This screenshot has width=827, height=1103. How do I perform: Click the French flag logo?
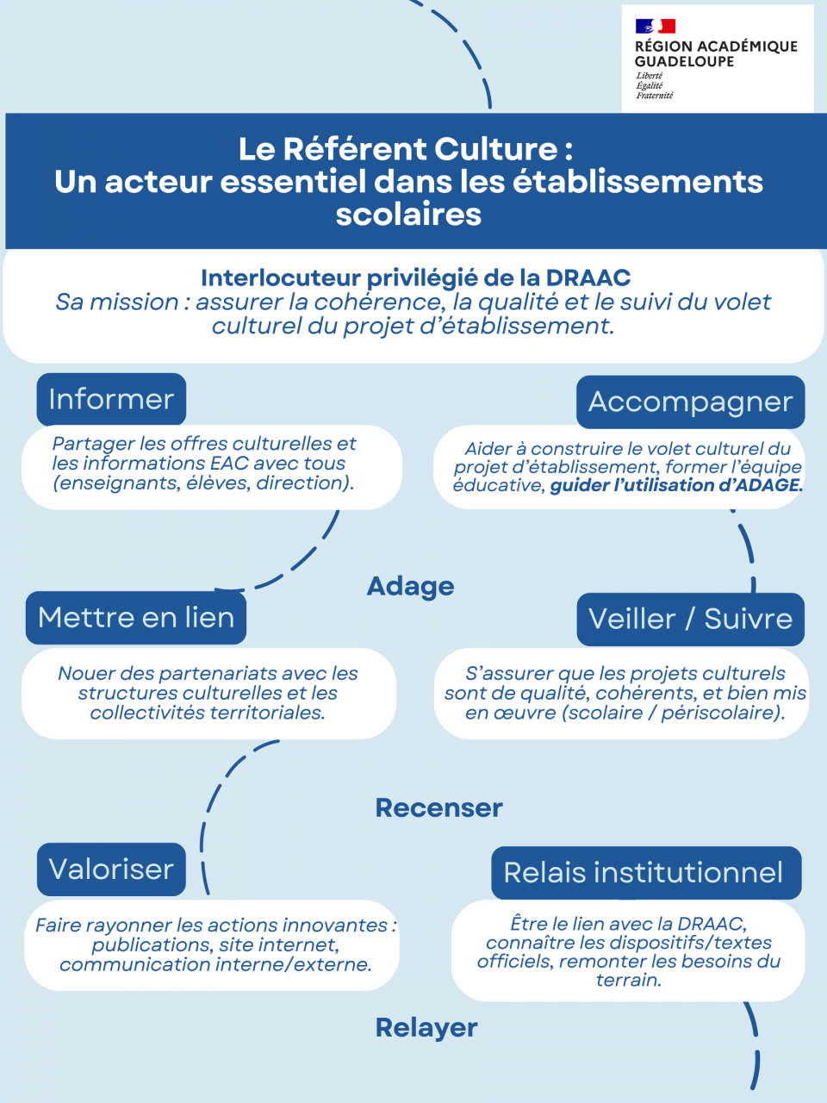(x=655, y=27)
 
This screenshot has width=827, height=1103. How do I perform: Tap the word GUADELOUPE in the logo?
(x=684, y=62)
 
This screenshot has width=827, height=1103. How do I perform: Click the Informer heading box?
(x=111, y=399)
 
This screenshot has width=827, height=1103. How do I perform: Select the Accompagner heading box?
(x=690, y=402)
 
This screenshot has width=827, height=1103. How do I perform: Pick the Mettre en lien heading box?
(x=136, y=618)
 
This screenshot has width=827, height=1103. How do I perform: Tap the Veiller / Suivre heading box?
(x=690, y=619)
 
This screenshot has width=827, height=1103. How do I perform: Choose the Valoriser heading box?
(x=111, y=869)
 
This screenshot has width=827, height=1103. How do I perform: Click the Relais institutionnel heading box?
(x=646, y=872)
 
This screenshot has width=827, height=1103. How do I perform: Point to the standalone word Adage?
(x=411, y=586)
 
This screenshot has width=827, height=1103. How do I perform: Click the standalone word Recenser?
(x=439, y=807)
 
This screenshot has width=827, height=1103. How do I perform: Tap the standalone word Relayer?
(x=426, y=1027)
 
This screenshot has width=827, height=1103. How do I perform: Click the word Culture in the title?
(x=496, y=149)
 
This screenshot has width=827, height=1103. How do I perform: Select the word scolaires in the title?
(x=408, y=214)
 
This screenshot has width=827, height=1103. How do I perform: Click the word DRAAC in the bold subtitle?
(x=588, y=277)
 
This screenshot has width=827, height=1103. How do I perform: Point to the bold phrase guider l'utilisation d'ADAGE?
(x=676, y=485)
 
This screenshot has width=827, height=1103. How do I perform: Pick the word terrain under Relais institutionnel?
(x=628, y=980)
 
